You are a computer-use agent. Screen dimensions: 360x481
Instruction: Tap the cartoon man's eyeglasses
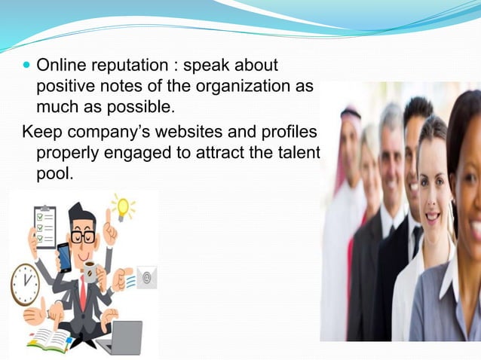point(84,235)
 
